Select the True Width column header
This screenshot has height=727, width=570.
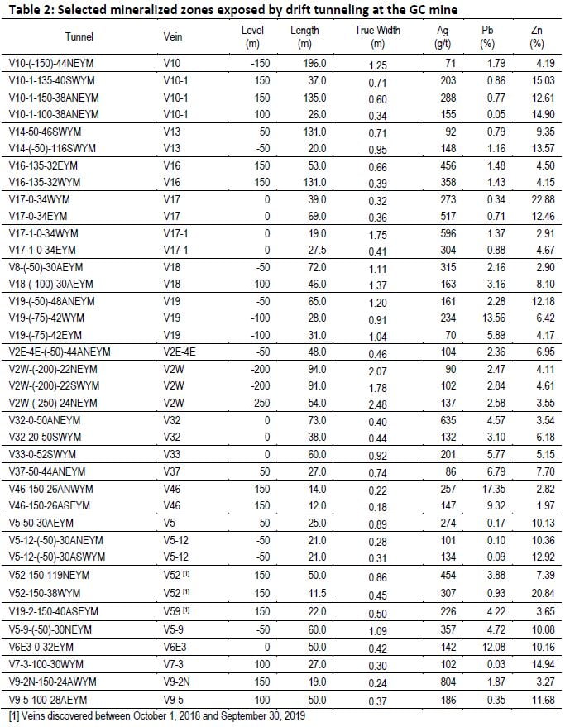tap(377, 37)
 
